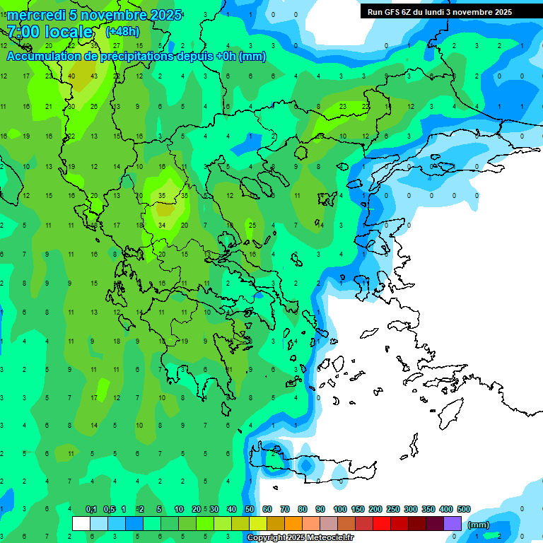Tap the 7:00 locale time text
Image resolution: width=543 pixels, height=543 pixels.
50,32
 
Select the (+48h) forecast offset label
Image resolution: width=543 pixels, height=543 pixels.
122,32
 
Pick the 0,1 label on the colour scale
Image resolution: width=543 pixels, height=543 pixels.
91,510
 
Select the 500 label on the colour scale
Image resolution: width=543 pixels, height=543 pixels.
464,510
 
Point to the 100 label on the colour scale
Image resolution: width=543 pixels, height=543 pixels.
339,510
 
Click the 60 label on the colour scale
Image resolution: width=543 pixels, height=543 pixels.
267,510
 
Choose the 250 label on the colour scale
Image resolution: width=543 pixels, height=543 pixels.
393,510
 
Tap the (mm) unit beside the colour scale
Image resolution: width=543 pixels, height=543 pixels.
479,525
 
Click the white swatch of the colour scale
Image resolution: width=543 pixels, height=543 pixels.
81,524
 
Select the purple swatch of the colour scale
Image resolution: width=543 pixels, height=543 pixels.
452,524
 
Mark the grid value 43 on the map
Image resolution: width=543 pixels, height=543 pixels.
94,76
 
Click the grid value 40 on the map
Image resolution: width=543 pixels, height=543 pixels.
71,76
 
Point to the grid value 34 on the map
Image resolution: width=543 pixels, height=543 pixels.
162,226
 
